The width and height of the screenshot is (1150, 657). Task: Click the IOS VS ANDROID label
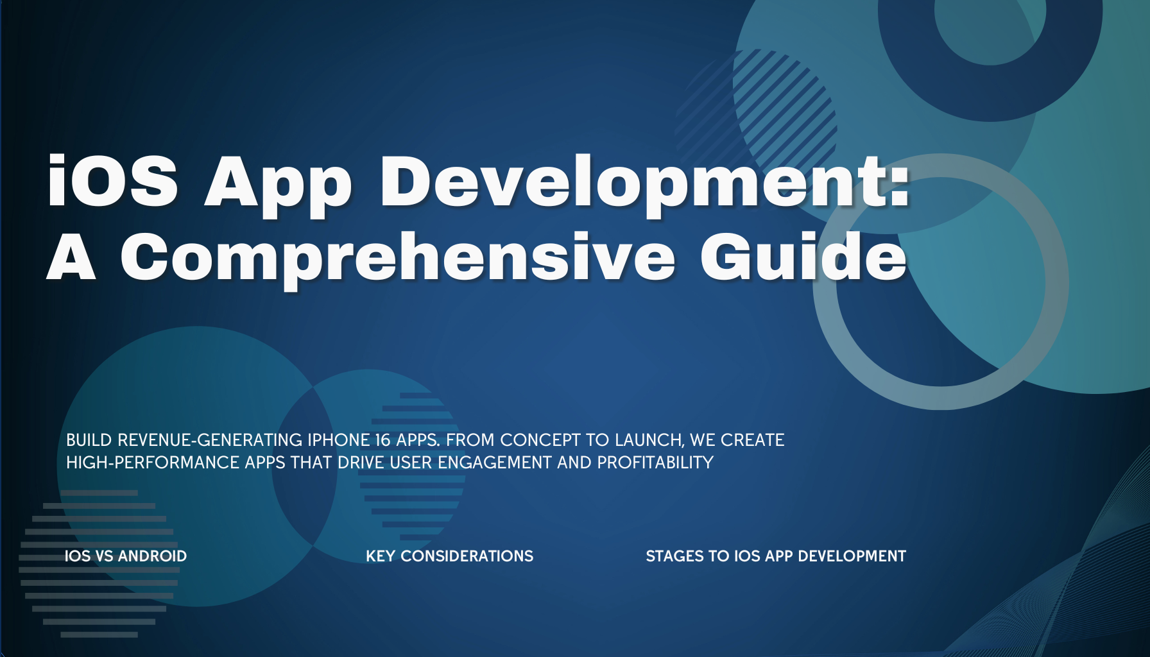(126, 556)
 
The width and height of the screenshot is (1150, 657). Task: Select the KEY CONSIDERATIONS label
(449, 556)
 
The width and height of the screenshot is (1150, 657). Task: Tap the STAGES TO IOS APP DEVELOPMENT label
(776, 556)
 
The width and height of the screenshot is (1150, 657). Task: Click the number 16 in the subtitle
(383, 440)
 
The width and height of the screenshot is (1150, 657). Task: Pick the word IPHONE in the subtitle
(338, 440)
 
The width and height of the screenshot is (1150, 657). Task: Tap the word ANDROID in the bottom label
(153, 556)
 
